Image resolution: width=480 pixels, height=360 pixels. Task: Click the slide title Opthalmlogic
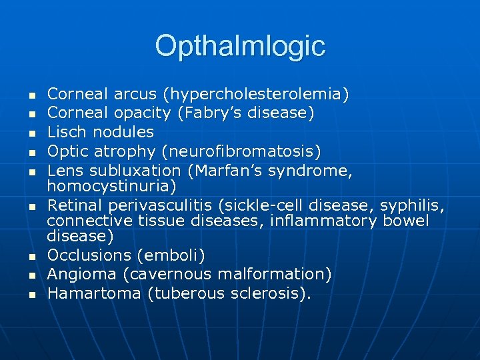tap(240, 46)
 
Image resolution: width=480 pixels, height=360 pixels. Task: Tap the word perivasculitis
tap(169, 203)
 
